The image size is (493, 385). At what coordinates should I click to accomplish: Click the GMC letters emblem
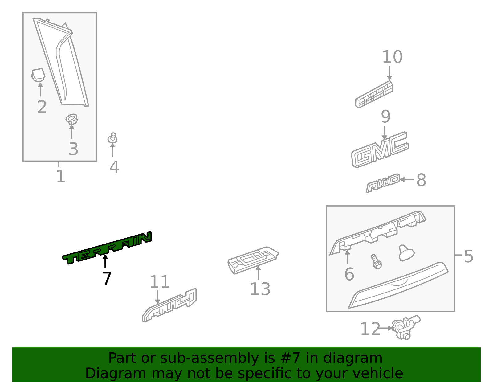tap(380, 150)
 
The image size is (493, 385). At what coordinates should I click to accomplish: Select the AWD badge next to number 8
tap(383, 183)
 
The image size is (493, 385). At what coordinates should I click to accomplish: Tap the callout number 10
tap(392, 57)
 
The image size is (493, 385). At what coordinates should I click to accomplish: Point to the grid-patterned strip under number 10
tap(374, 95)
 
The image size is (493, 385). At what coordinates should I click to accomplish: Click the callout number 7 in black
tap(107, 278)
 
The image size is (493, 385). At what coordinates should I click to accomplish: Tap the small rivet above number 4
tap(112, 138)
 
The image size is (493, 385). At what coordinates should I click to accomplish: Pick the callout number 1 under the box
tap(61, 177)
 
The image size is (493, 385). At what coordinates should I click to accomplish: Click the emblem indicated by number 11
tap(170, 305)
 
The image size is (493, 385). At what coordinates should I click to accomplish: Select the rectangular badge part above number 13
tap(253, 260)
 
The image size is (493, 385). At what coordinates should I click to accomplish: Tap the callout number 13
tap(260, 289)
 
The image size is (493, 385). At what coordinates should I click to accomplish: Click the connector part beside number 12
tap(405, 328)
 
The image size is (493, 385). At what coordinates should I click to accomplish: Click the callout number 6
tap(349, 274)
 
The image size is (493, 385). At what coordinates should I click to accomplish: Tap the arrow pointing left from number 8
tap(406, 179)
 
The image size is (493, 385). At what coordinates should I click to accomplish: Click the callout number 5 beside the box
tap(468, 256)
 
